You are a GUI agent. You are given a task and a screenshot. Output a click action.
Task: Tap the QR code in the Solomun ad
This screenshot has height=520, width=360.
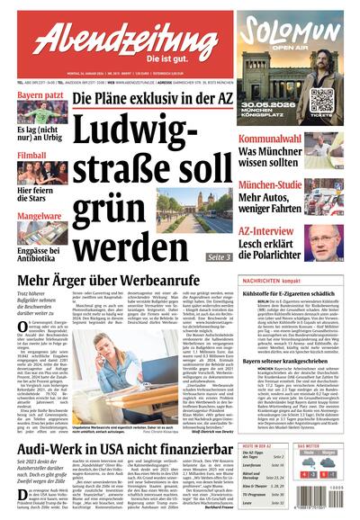(x=321, y=98)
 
